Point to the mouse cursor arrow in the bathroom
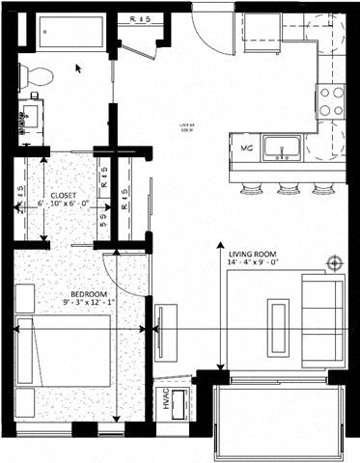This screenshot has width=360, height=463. tap(79, 68)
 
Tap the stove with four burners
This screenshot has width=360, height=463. tap(331, 101)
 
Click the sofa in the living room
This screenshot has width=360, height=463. tap(321, 314)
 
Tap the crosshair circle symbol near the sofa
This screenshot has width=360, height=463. tap(335, 262)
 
